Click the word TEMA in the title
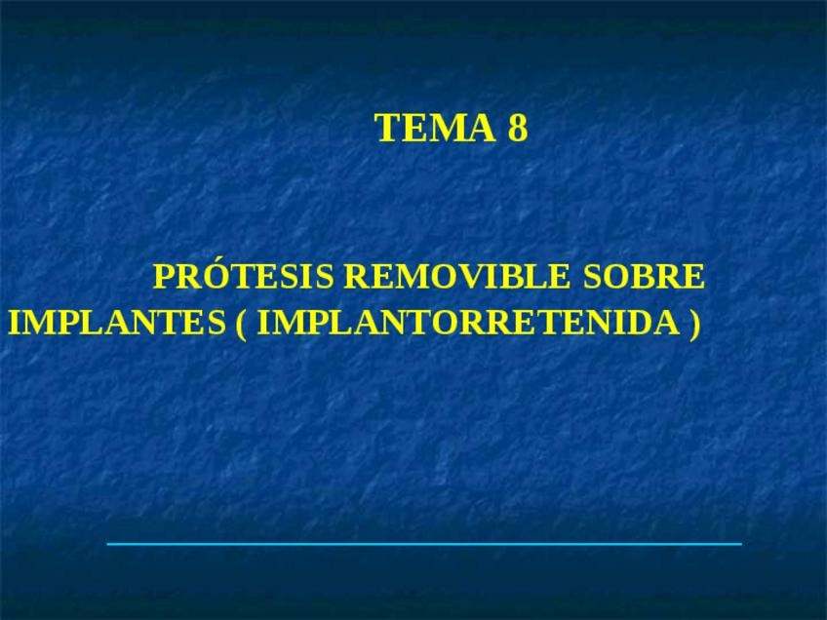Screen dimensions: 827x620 (436, 128)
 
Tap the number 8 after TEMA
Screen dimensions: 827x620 (518, 128)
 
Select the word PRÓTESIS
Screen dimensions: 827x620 (243, 275)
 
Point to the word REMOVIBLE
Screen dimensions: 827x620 (456, 276)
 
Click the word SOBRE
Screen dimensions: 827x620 (644, 276)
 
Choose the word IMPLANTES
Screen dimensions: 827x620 (117, 322)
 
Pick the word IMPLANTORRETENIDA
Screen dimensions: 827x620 (468, 322)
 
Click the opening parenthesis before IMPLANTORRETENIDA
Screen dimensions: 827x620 (241, 324)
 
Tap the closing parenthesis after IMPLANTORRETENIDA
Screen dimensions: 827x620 (695, 324)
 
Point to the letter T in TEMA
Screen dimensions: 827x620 (386, 128)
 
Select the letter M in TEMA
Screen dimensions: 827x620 (448, 128)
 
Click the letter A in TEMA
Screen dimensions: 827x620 (483, 128)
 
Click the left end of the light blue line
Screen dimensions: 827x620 (107, 544)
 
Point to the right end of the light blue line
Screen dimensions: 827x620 (741, 544)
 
